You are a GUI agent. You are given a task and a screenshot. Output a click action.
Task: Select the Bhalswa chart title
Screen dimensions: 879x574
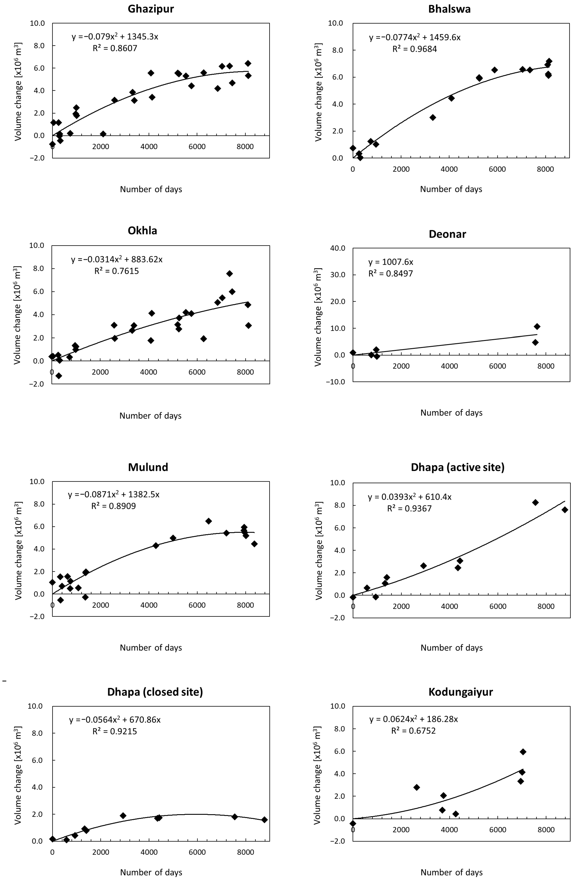tap(449, 9)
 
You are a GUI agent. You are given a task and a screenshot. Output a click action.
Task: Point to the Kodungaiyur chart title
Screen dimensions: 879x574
tap(460, 692)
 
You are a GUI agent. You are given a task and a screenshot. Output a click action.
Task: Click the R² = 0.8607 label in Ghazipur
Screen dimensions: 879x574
tap(115, 48)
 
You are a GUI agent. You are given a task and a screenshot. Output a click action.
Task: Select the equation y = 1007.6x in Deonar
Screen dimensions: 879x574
tap(391, 262)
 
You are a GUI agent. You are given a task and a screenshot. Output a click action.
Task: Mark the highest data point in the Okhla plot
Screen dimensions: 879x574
tap(230, 274)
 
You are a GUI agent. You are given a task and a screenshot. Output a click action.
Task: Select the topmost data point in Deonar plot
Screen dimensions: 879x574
tap(537, 327)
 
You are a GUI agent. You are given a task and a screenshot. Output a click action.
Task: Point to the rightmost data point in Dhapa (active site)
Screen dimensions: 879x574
tap(565, 510)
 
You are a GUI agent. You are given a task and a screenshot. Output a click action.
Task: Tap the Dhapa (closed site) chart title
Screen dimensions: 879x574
tap(155, 692)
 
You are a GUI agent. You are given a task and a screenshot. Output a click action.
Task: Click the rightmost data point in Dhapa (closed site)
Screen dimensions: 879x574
tap(264, 819)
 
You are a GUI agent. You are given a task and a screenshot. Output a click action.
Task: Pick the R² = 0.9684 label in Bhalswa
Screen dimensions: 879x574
tap(414, 49)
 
